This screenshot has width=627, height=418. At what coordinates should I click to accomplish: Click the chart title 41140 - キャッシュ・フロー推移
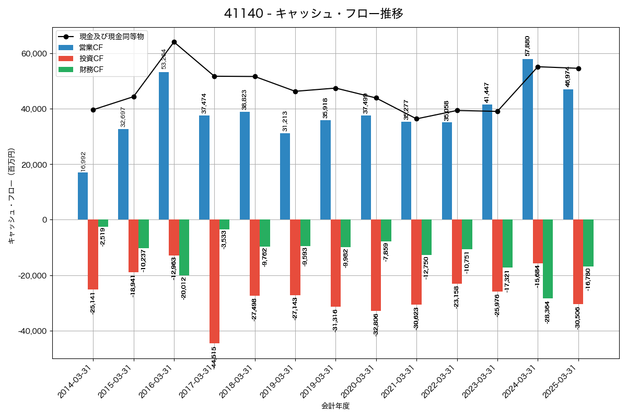point(313,14)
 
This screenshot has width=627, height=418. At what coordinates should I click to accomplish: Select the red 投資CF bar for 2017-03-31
point(214,281)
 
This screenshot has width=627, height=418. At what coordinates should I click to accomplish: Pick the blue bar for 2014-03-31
point(83,196)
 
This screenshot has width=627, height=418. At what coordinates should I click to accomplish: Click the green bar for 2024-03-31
point(548,259)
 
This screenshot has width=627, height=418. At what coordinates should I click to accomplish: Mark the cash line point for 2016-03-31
point(174,42)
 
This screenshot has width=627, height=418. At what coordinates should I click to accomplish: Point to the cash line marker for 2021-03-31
point(416,119)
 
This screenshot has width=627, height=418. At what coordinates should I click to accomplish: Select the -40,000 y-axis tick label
point(32,331)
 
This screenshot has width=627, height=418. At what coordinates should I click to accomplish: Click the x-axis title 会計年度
point(335,406)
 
